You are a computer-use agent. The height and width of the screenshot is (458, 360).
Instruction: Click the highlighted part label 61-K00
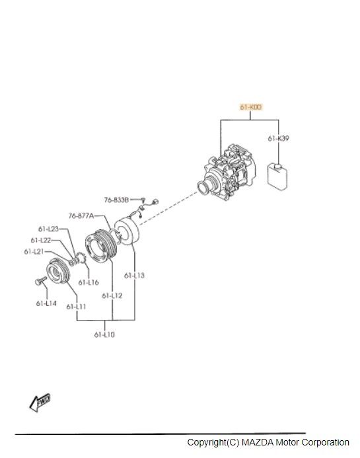coord(251,107)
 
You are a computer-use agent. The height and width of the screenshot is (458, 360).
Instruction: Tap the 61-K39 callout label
coord(279,138)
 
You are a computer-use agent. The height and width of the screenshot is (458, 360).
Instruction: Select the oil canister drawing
coord(277,176)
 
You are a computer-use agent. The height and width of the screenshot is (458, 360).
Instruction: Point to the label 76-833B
coord(116,200)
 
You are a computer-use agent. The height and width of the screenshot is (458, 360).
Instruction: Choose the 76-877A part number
coord(81,215)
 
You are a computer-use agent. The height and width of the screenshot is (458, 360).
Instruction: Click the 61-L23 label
coord(48,229)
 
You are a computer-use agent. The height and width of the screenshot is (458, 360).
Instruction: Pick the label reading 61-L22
coord(41,240)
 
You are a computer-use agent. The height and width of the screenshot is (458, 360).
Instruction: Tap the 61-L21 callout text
coord(34,251)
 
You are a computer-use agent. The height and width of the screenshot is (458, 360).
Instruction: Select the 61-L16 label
coord(89,282)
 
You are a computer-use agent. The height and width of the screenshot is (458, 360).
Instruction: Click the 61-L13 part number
coord(134,276)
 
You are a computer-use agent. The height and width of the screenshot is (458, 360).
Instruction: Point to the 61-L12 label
coord(112,295)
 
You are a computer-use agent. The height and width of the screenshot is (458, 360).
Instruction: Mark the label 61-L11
coord(76,307)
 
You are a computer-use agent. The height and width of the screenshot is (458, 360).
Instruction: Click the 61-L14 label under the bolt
coord(46,303)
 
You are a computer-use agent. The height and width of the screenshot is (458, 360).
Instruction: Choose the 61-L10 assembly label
coord(104,334)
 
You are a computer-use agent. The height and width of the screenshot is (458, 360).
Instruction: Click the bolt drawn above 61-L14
coord(40,281)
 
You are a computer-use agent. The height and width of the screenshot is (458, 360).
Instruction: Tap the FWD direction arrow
coord(40,402)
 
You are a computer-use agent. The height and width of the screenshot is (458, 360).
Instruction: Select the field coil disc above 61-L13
coord(127,231)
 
